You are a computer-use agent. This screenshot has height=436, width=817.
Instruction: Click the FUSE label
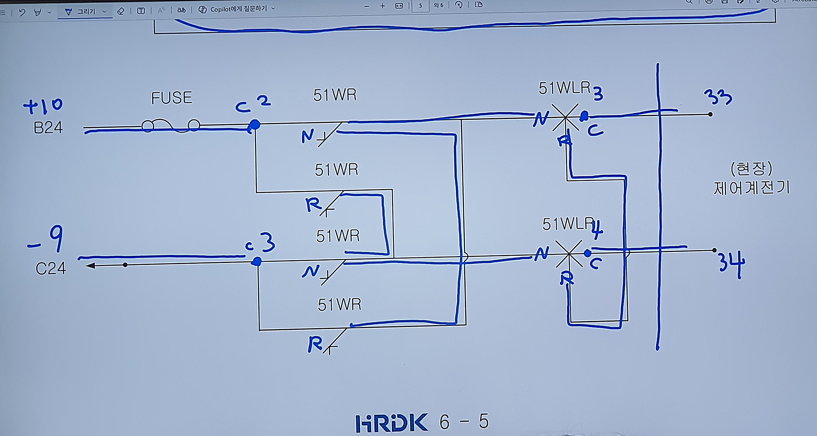(x=171, y=98)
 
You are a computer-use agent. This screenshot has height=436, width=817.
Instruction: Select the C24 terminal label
(x=51, y=269)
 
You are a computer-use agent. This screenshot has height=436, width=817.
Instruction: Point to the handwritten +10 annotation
(x=43, y=106)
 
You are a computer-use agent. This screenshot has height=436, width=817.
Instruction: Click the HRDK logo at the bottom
(x=392, y=423)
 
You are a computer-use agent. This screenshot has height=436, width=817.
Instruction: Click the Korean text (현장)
(x=751, y=169)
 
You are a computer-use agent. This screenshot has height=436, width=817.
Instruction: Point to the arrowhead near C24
(x=91, y=266)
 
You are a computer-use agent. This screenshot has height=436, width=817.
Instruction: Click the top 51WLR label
(x=564, y=88)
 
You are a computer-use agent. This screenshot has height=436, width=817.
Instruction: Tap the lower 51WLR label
(x=568, y=224)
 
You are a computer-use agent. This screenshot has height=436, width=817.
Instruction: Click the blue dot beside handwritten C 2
(x=254, y=125)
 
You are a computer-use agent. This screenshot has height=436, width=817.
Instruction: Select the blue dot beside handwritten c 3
(x=257, y=262)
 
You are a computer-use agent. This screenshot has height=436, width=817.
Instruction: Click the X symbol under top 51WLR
(x=565, y=117)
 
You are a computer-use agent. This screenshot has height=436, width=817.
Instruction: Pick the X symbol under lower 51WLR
(x=569, y=254)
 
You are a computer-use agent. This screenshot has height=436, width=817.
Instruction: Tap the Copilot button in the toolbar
(x=236, y=9)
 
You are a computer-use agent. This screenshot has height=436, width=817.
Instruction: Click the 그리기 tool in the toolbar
(x=85, y=11)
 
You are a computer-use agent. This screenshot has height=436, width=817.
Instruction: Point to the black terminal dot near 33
(x=710, y=114)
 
